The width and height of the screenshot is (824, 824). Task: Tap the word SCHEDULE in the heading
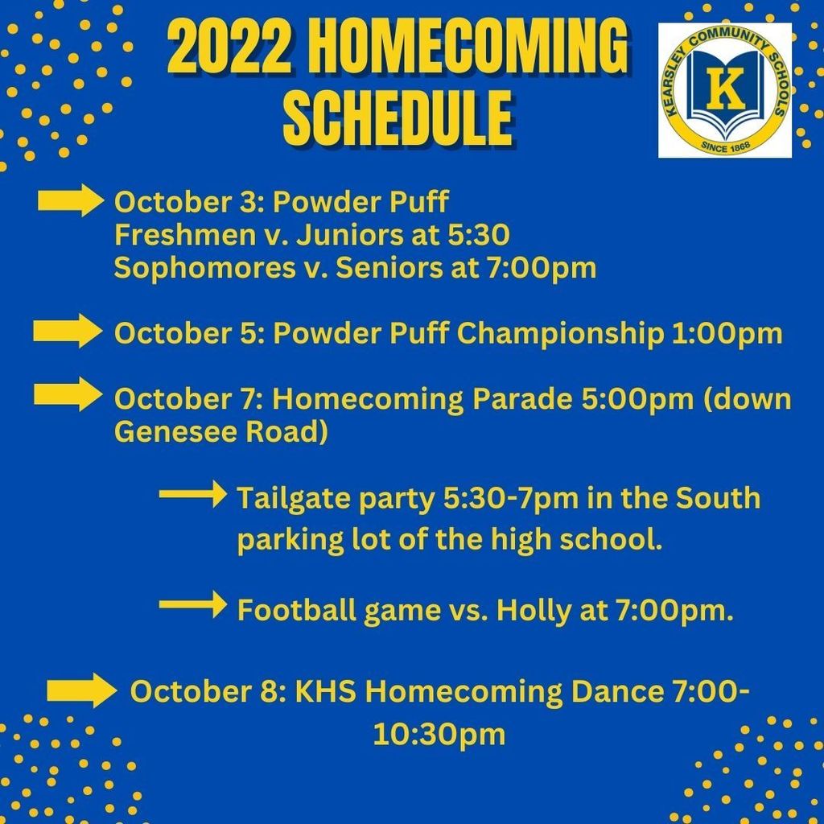point(398,118)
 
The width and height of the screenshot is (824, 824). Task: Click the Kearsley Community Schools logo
point(725,90)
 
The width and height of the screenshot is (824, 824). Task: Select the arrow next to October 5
point(68,331)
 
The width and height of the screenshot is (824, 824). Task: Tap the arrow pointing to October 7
point(68,394)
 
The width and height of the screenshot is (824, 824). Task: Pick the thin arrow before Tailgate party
point(193,494)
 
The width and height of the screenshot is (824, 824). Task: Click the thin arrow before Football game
point(193,604)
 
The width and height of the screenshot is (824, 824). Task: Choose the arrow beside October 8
point(82,690)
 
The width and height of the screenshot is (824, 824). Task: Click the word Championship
point(560,334)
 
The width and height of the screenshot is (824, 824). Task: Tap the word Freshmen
point(184,235)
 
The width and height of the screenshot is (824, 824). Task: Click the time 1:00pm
point(727,334)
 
